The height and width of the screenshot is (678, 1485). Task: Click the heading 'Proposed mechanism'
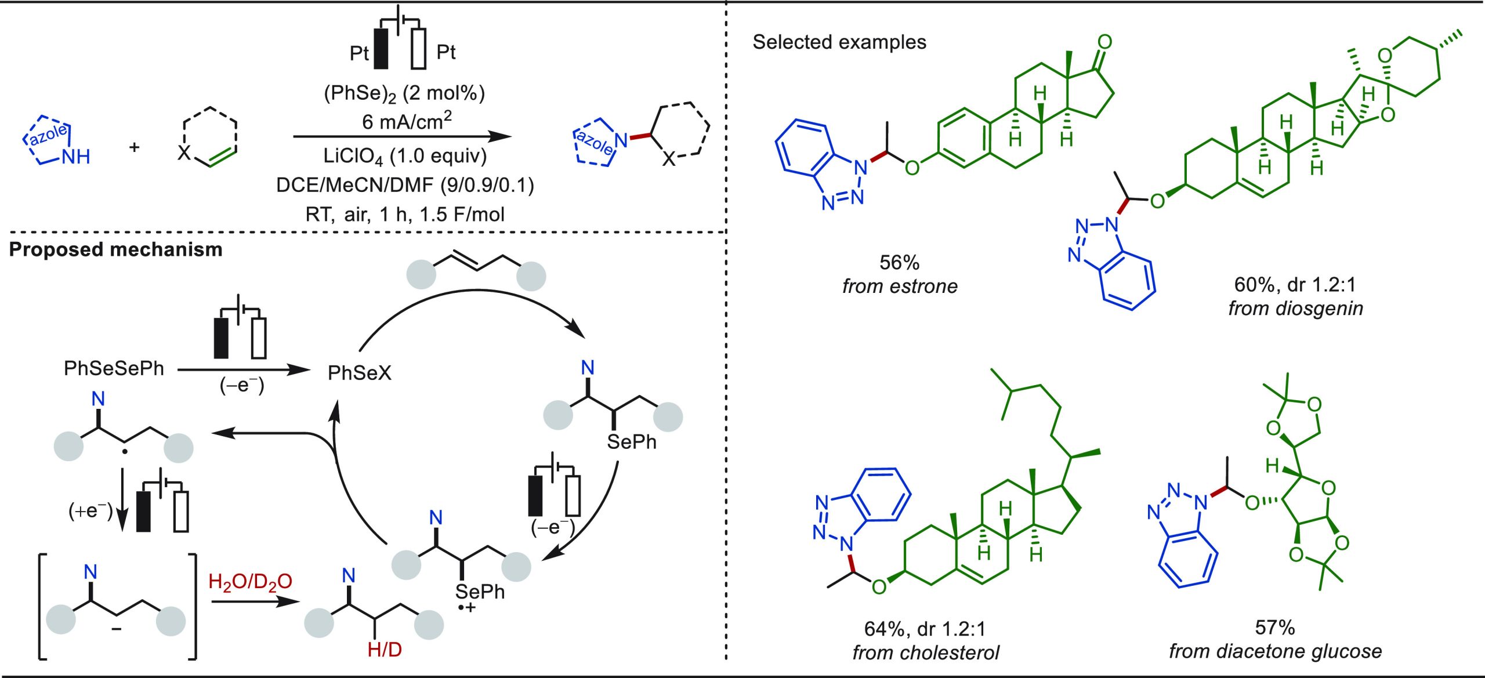click(x=115, y=249)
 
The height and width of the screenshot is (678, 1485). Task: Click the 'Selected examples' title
click(x=839, y=42)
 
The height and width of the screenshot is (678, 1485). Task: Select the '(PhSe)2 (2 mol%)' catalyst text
click(x=404, y=93)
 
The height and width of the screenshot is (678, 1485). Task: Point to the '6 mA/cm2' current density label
click(x=407, y=121)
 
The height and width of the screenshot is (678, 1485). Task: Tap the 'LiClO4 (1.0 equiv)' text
click(x=405, y=156)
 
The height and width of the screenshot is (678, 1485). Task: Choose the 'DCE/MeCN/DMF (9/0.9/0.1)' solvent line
click(x=405, y=185)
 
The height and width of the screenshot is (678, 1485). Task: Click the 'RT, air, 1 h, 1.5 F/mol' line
click(x=405, y=215)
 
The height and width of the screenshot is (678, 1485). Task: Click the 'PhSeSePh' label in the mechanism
click(x=114, y=368)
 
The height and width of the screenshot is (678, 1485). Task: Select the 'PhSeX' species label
click(x=360, y=373)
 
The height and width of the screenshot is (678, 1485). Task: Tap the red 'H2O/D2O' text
click(x=250, y=581)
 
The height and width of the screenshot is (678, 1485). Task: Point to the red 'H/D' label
click(x=385, y=650)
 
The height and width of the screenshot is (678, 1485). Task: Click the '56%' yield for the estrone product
click(x=899, y=263)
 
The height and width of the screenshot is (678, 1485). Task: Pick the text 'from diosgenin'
click(x=1295, y=309)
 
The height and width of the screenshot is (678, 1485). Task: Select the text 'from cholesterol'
click(x=926, y=653)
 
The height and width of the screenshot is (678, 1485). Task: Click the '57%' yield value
click(x=1275, y=628)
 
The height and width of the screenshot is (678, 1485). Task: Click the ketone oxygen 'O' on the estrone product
click(x=1105, y=42)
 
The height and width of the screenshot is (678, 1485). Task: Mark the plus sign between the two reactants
click(x=135, y=147)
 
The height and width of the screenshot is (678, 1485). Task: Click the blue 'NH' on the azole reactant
click(x=76, y=157)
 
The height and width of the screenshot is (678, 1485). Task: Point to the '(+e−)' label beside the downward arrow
click(x=90, y=511)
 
